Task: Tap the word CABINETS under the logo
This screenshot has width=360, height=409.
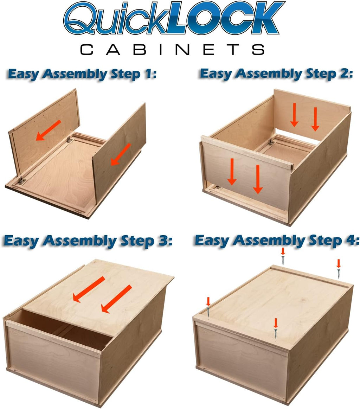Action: coord(172,50)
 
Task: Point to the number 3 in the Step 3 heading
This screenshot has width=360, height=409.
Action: coord(163,240)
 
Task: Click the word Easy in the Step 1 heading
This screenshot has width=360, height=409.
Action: coord(24,74)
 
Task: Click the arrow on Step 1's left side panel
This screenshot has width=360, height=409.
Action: coord(48,130)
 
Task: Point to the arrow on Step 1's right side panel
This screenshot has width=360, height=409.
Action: coord(121,154)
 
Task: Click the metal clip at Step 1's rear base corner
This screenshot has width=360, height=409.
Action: coord(69,140)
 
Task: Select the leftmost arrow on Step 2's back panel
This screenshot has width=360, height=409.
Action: coord(295,115)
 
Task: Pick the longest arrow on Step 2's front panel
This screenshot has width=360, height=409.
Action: coord(258,179)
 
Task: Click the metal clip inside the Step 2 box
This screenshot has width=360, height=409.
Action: coord(271,142)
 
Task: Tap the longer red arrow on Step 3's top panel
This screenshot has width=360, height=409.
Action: coord(116,299)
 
